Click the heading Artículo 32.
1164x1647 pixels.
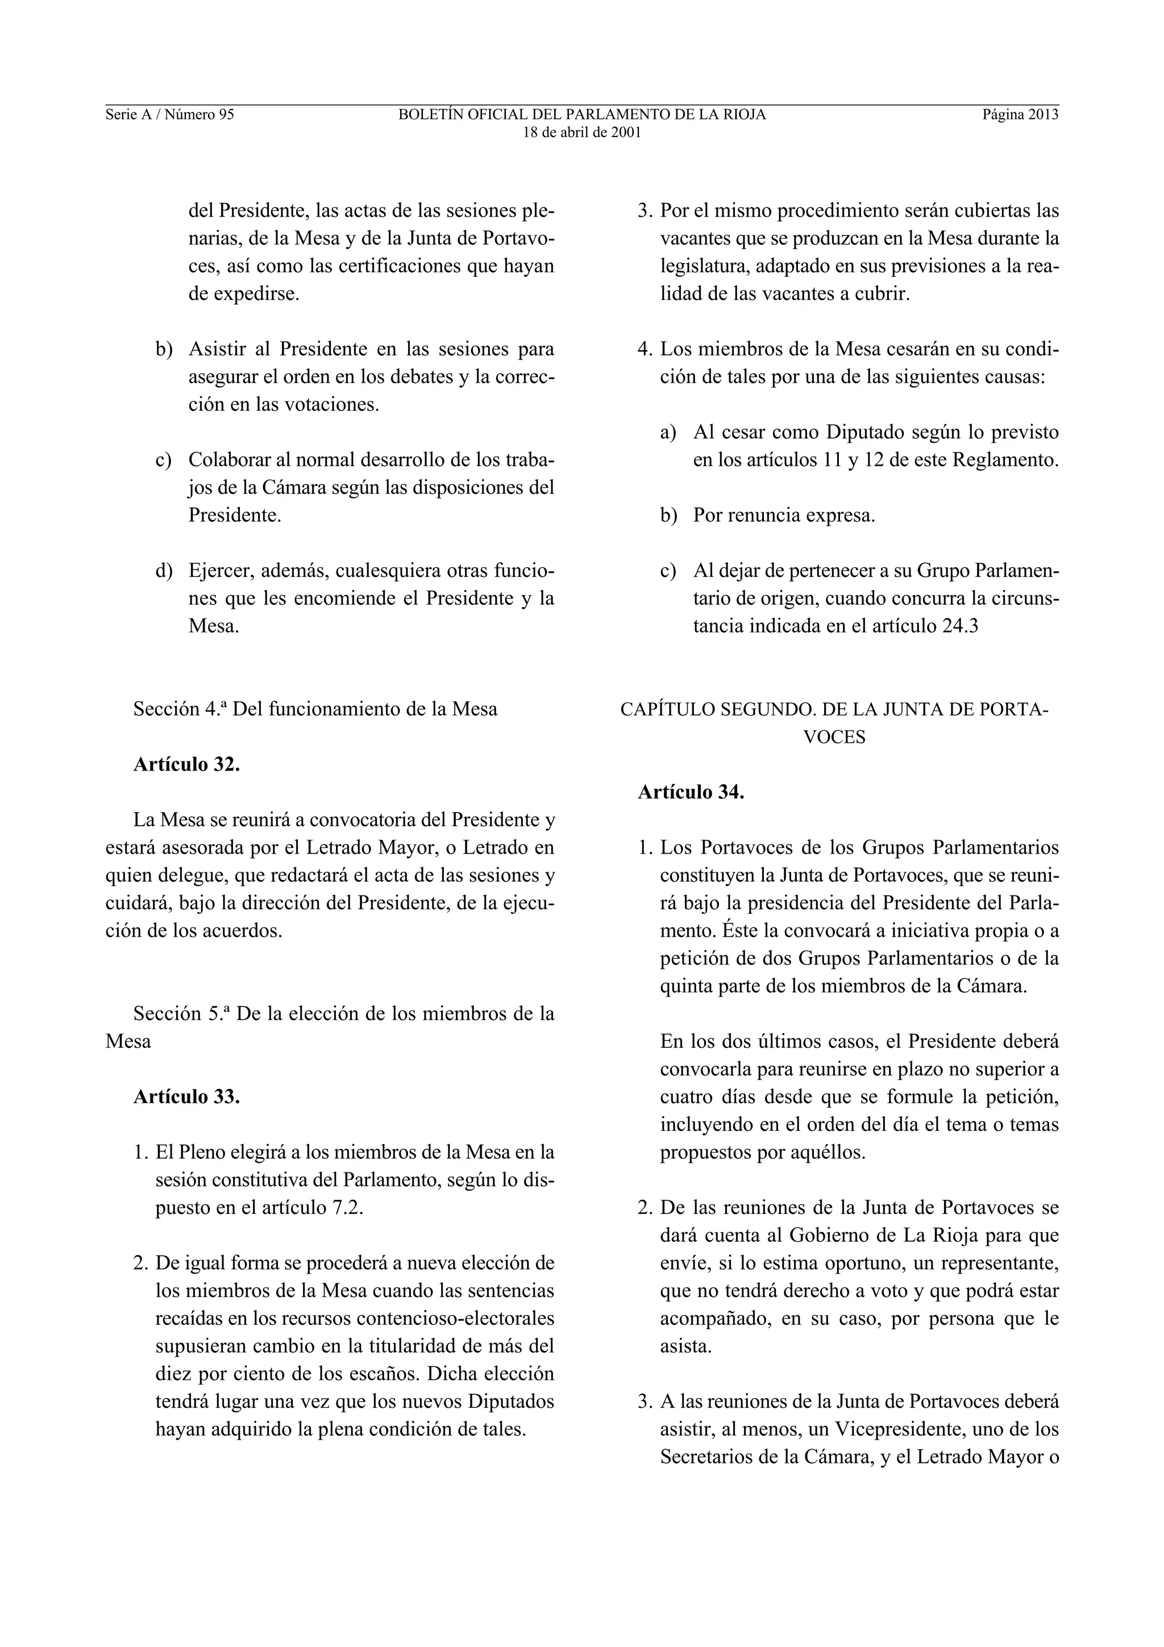[x=186, y=765]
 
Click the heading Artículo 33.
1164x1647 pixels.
[x=186, y=1097]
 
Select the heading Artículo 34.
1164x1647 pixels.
[x=691, y=793]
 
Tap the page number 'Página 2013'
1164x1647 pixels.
[x=1020, y=115]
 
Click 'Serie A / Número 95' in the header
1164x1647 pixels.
[x=170, y=115]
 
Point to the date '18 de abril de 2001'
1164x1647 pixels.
[x=581, y=133]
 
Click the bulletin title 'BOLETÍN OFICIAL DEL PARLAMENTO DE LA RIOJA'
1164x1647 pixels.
[x=581, y=115]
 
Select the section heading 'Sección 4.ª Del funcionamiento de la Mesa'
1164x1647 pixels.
[x=315, y=709]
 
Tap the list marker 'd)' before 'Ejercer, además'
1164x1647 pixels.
[x=164, y=571]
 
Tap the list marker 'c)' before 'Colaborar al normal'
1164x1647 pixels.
[x=164, y=460]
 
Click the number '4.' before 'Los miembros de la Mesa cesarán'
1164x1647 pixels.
[x=645, y=350]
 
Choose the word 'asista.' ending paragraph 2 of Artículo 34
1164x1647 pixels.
[x=685, y=1346]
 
